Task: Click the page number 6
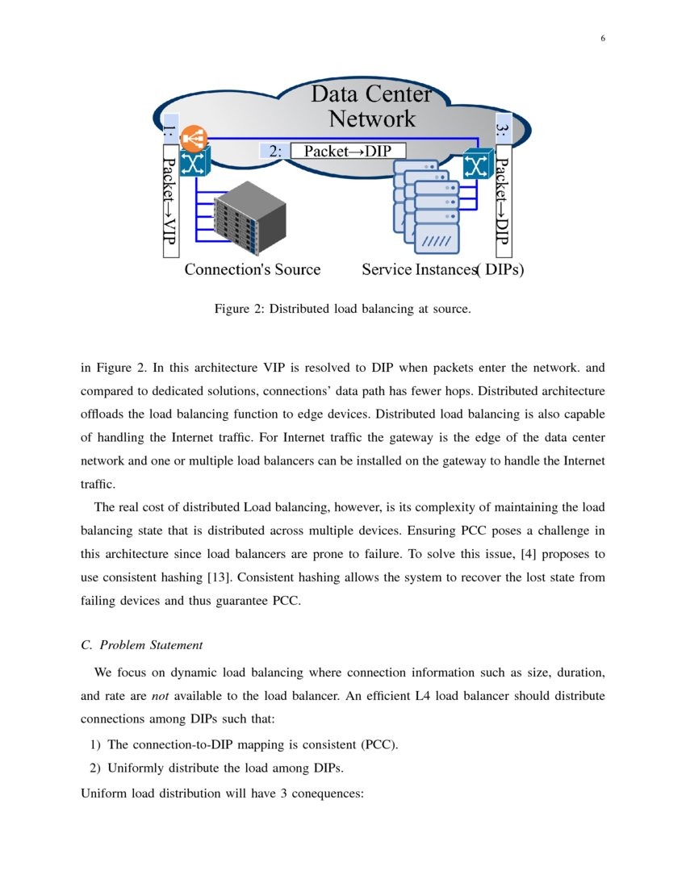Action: tap(602, 39)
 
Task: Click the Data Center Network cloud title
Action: tap(371, 106)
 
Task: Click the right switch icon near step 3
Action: tap(476, 166)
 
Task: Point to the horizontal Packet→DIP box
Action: tap(347, 151)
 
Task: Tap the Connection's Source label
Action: tap(252, 269)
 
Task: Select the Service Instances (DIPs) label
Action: tap(442, 269)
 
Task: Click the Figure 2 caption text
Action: tap(341, 309)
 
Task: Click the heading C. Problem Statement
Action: tap(142, 644)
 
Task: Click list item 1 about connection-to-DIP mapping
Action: tap(252, 744)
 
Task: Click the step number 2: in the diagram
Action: tap(274, 151)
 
